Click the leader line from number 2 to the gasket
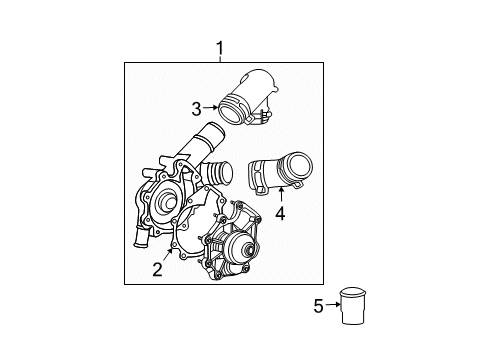click(166, 255)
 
